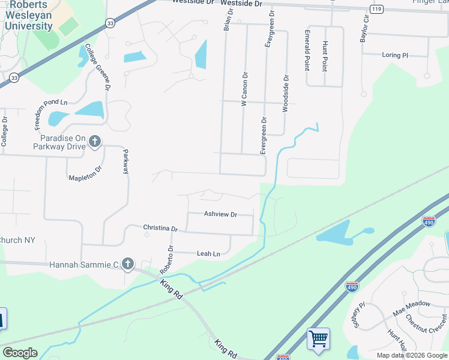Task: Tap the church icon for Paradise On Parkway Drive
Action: click(95, 142)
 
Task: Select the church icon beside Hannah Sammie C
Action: click(127, 263)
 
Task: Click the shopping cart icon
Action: click(318, 338)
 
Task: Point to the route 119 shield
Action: click(376, 9)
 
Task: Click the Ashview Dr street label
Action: click(220, 214)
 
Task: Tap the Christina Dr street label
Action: click(160, 229)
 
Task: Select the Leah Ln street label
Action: click(208, 254)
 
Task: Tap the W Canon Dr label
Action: click(244, 89)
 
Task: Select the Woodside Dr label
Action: click(286, 94)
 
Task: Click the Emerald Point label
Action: click(307, 50)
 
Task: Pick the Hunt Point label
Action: click(325, 56)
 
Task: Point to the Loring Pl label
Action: click(394, 55)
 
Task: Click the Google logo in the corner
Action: click(20, 353)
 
